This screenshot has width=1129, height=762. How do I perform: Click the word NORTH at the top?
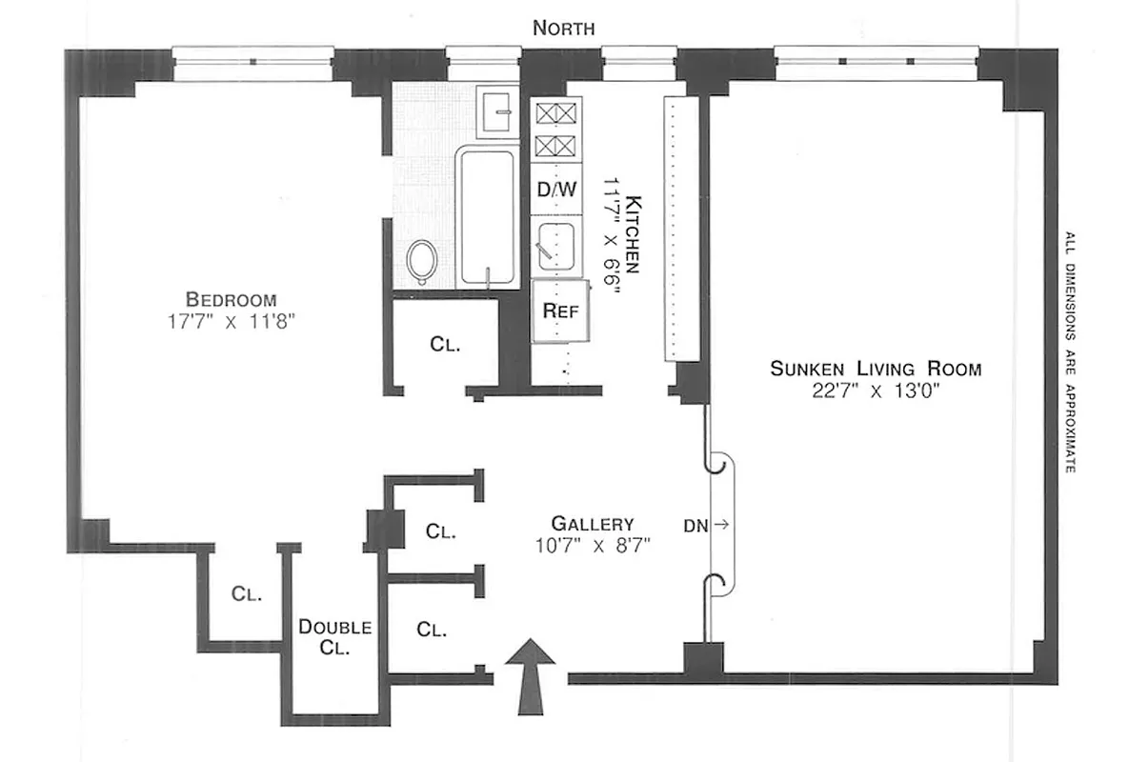click(x=563, y=29)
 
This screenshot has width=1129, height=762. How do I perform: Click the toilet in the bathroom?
click(x=421, y=261)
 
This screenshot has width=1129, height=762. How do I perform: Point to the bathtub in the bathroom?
click(x=487, y=216)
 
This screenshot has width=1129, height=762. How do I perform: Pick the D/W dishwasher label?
click(x=557, y=190)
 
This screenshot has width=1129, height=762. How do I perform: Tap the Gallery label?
click(x=593, y=524)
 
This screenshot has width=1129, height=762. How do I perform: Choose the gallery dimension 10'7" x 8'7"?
click(x=593, y=546)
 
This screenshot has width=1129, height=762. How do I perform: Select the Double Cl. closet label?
click(x=334, y=637)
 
